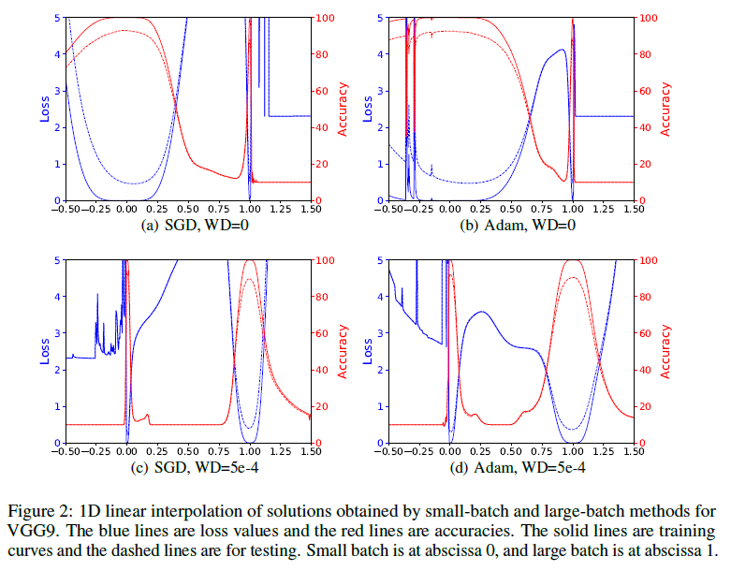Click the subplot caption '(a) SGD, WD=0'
click(187, 226)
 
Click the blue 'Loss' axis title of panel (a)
click(44, 109)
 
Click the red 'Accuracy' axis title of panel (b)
click(665, 109)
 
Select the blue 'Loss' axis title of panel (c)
click(44, 351)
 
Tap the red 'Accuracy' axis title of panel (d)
click(665, 351)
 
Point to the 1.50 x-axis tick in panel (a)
click(310, 211)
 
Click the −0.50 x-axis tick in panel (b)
click(384, 211)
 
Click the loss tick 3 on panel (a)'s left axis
click(57, 91)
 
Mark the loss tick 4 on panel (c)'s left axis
click(57, 297)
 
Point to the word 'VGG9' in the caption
click(29, 530)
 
